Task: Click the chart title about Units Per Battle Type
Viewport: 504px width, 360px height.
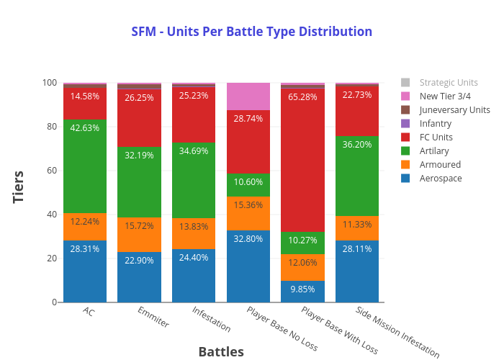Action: (251, 32)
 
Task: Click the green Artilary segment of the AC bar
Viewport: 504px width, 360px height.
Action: (85, 166)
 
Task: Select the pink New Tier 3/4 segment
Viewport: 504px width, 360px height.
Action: (248, 96)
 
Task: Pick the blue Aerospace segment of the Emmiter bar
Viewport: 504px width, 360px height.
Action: (139, 276)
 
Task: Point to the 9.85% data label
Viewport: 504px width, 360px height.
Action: (302, 289)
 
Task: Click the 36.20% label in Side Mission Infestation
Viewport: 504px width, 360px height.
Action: (357, 164)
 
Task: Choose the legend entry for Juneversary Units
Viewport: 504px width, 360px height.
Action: (454, 109)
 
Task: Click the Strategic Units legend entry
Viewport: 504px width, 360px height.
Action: (448, 82)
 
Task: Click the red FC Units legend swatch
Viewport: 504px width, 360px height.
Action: (405, 137)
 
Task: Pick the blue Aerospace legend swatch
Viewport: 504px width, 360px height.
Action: (405, 178)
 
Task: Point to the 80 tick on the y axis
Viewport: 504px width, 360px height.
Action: (51, 127)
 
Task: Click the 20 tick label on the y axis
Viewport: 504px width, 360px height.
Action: (51, 258)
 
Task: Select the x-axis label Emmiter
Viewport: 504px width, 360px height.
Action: (153, 318)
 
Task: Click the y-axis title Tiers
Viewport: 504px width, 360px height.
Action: (19, 186)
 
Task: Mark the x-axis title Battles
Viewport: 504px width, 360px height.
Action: (221, 351)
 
